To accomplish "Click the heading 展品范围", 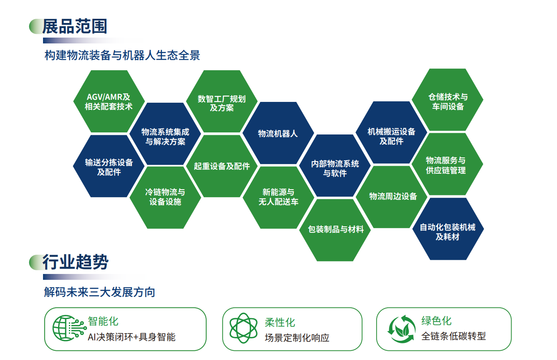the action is (x=75, y=26).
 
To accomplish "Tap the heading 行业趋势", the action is (x=75, y=262).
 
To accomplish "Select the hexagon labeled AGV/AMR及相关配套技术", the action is (x=109, y=101).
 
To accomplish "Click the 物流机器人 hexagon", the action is (x=278, y=133).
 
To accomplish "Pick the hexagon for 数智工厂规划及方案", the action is (x=222, y=101).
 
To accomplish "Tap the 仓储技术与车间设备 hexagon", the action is (x=448, y=99).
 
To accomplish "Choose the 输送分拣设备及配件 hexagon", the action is (x=109, y=166).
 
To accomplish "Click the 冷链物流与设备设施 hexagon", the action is (x=165, y=198).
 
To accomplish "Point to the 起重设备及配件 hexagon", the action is (x=222, y=166).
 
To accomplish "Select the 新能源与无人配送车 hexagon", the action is (x=278, y=198).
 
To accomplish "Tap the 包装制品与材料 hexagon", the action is (x=335, y=230).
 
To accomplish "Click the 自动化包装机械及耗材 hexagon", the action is (x=448, y=229).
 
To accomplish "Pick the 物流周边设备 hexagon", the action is (x=392, y=197).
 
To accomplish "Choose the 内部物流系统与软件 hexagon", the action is (x=335, y=165).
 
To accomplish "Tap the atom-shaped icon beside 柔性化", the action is (x=243, y=328).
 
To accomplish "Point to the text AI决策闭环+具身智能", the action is (x=132, y=337).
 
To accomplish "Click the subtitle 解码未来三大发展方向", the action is (x=99, y=292).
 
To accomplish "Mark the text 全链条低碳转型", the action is (x=453, y=336).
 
